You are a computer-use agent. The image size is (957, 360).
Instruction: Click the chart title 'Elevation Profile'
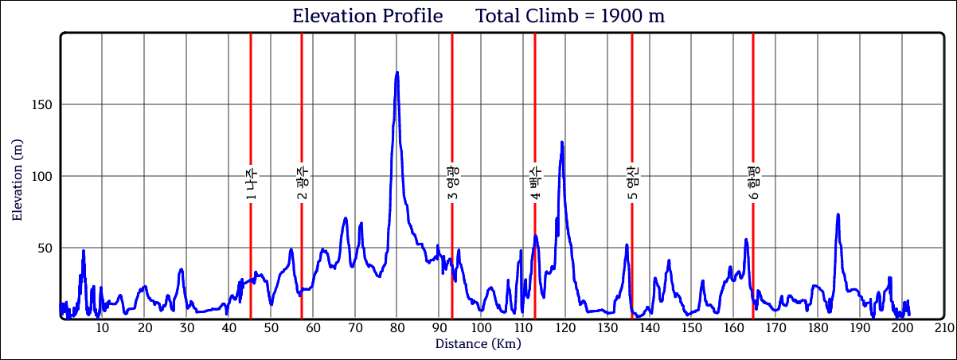(367, 16)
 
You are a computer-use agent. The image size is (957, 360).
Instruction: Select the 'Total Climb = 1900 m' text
(570, 16)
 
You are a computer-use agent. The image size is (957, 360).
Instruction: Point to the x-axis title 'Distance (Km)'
(478, 344)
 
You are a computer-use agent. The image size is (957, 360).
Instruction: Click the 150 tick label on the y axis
(42, 105)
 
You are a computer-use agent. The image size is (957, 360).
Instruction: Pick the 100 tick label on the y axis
(42, 177)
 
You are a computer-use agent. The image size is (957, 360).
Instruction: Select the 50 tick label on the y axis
(45, 248)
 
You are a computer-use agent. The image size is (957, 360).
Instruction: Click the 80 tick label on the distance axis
(396, 328)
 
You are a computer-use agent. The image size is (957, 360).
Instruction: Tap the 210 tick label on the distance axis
(943, 328)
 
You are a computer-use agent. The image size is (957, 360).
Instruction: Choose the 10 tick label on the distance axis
(102, 328)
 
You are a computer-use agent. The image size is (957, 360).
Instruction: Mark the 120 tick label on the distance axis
(564, 328)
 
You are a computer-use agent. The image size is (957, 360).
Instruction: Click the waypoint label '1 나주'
(251, 185)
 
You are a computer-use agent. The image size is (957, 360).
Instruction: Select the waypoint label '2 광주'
(302, 183)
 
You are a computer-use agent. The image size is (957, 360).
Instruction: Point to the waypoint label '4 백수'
(535, 183)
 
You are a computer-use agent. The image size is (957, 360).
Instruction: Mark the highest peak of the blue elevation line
(396, 72)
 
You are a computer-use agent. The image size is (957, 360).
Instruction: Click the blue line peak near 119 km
(562, 143)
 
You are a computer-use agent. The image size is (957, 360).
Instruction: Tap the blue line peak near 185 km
(838, 214)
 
